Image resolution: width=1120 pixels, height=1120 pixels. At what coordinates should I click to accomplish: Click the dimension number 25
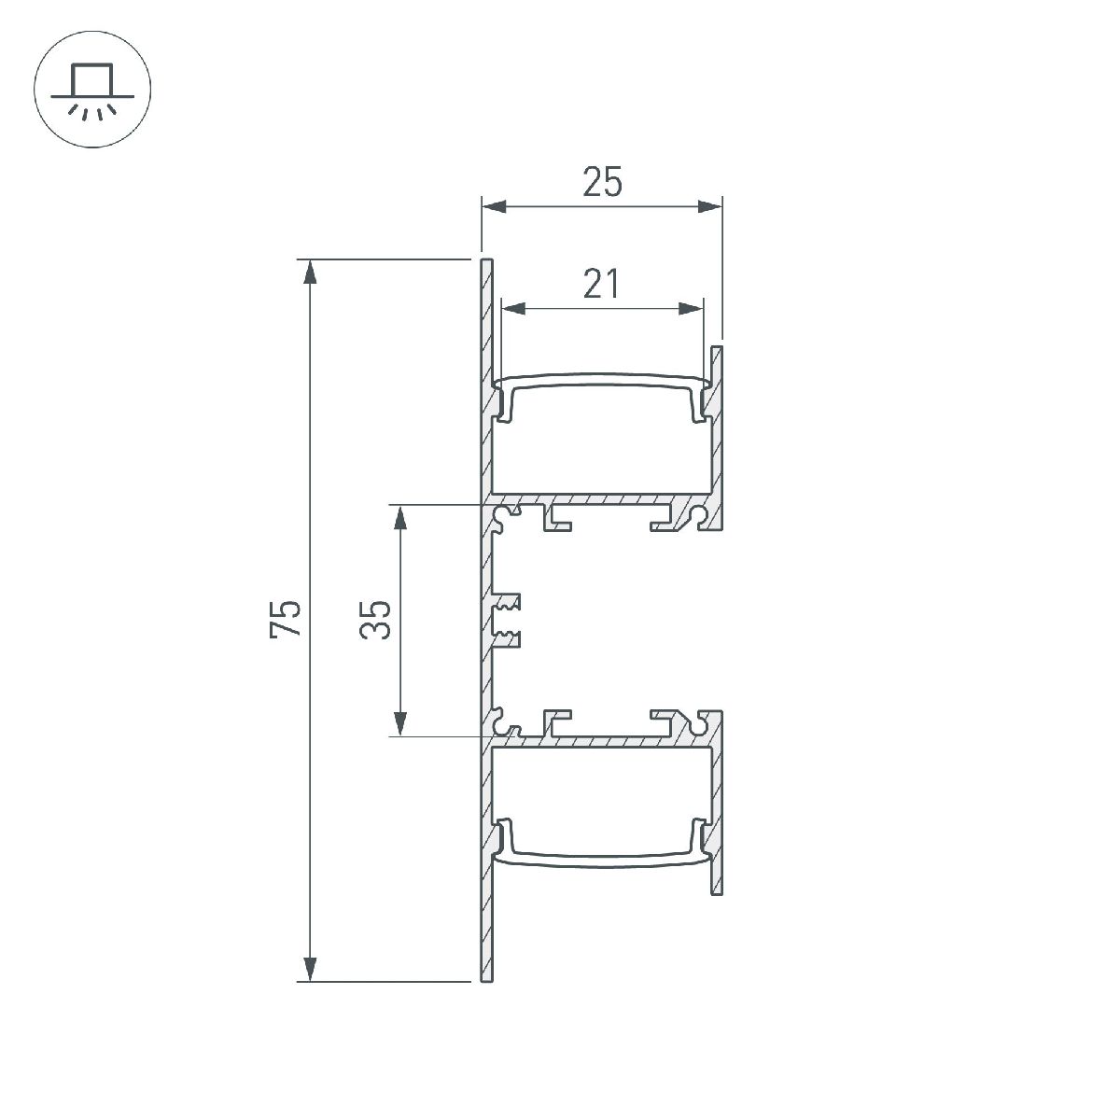pyautogui.click(x=602, y=182)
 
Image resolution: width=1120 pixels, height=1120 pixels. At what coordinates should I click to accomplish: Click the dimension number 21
pyautogui.click(x=602, y=283)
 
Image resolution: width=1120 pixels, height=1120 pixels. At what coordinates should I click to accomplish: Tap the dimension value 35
pyautogui.click(x=375, y=620)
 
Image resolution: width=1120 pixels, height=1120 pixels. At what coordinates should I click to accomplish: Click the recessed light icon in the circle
pyautogui.click(x=92, y=91)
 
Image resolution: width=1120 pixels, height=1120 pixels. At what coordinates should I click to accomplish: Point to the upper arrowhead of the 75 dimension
pyautogui.click(x=311, y=271)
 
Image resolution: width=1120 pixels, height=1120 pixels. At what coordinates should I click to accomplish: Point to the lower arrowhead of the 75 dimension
pyautogui.click(x=311, y=969)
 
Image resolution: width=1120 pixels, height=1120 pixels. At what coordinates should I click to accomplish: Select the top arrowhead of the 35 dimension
pyautogui.click(x=400, y=517)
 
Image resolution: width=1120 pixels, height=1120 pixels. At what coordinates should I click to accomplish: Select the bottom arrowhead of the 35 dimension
pyautogui.click(x=400, y=723)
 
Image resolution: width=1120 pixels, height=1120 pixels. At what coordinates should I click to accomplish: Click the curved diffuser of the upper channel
pyautogui.click(x=602, y=377)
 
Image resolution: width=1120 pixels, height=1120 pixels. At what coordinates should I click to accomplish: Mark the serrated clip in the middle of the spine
pyautogui.click(x=508, y=620)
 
